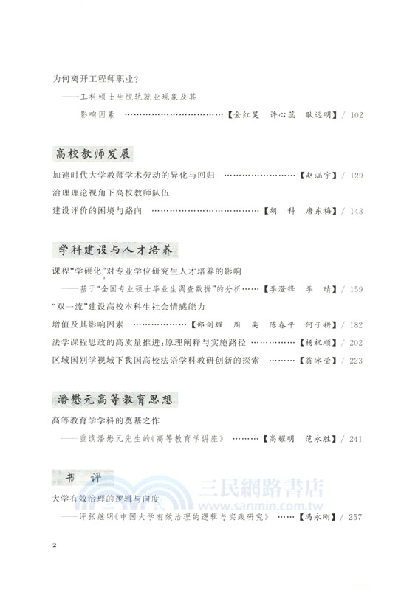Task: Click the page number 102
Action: tap(355, 115)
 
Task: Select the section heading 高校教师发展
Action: tap(93, 154)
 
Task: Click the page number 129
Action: tap(355, 177)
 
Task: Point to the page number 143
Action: tap(355, 211)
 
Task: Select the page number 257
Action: tap(355, 537)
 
